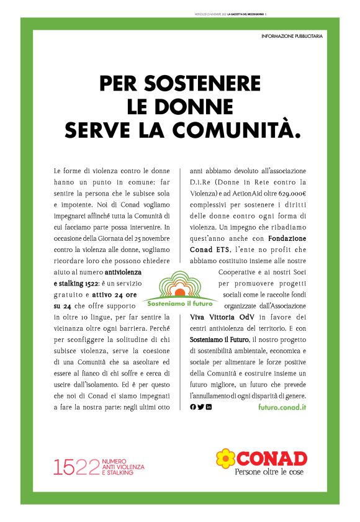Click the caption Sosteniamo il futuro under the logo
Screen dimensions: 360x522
(x=181, y=304)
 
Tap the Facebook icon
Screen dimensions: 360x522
(x=192, y=407)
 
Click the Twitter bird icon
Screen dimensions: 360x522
(x=200, y=407)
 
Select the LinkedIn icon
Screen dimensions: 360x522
(x=209, y=407)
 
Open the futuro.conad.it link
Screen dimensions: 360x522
(x=282, y=407)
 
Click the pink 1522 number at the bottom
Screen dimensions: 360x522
(x=77, y=467)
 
